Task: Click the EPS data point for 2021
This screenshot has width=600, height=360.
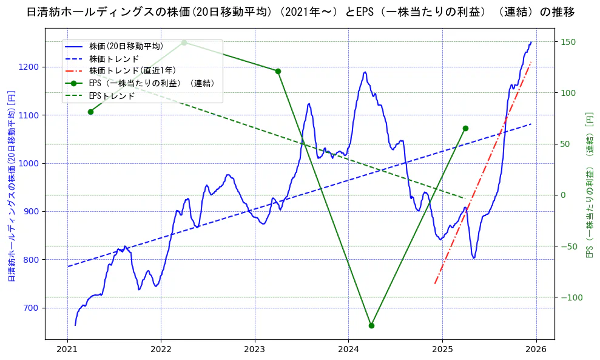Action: [x=90, y=112]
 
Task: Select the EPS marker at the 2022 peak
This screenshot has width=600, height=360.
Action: [x=184, y=42]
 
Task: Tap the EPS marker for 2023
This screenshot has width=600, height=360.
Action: [x=278, y=71]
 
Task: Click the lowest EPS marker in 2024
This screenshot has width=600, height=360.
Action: [x=371, y=325]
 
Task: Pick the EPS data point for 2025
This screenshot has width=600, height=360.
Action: [x=465, y=128]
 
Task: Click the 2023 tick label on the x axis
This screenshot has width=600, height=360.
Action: [x=255, y=350]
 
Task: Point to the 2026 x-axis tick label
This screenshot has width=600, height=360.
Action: [x=536, y=350]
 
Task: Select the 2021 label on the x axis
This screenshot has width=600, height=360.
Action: [x=67, y=350]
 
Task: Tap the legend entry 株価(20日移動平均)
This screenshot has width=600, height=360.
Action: [x=126, y=46]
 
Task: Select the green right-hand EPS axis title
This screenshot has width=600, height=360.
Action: [x=588, y=185]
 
